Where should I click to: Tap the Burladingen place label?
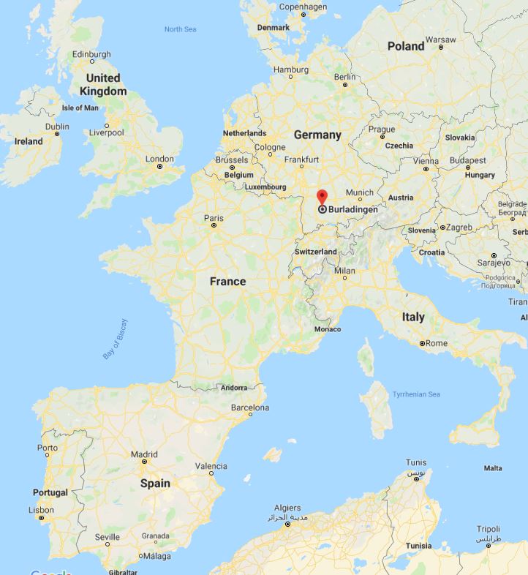click(353, 209)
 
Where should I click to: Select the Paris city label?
click(214, 217)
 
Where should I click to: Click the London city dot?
click(160, 167)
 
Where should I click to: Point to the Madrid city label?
click(144, 454)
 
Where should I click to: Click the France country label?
click(227, 282)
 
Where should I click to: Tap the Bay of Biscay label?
click(115, 338)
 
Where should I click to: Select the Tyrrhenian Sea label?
click(416, 394)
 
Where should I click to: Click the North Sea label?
click(181, 29)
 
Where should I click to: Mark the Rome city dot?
click(423, 343)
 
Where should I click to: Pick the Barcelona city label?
click(250, 407)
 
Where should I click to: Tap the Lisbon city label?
click(42, 510)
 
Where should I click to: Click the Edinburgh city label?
click(91, 54)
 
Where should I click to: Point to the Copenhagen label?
click(303, 7)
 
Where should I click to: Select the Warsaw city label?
click(440, 39)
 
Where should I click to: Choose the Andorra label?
click(233, 387)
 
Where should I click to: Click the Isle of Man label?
click(80, 108)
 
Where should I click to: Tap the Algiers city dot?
click(287, 525)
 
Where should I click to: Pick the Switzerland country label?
click(315, 252)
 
